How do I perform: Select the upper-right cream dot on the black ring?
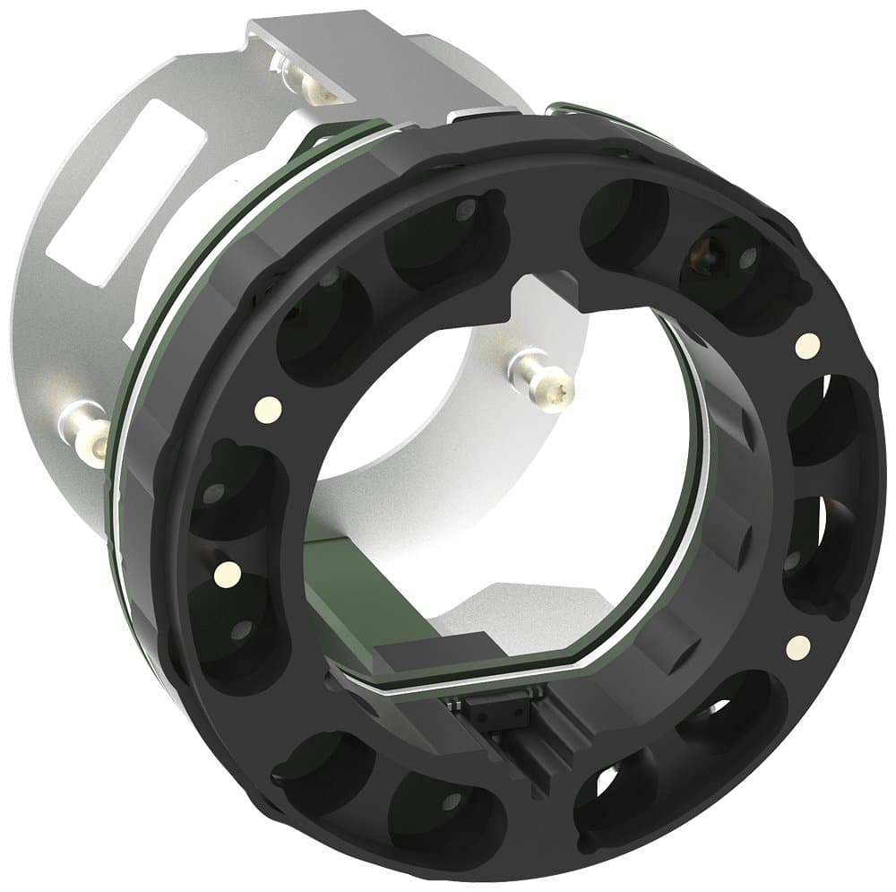coord(806,342)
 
